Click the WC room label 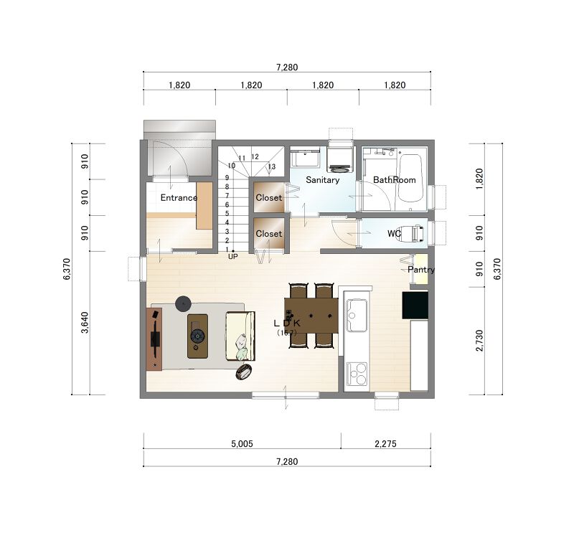(394, 234)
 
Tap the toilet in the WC (415, 233)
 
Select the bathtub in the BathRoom (410, 178)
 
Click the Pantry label (421, 270)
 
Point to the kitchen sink (357, 316)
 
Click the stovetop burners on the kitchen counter (357, 374)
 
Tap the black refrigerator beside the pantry (415, 305)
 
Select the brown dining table (311, 315)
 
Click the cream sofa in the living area (240, 336)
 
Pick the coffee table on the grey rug (198, 336)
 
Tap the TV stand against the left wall (154, 339)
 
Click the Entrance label (179, 198)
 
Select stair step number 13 (272, 166)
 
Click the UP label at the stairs (232, 257)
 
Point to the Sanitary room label (322, 180)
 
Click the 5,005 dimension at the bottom (242, 443)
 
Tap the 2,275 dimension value (385, 443)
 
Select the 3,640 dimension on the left (85, 322)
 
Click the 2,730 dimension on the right (479, 340)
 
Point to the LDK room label (287, 324)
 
